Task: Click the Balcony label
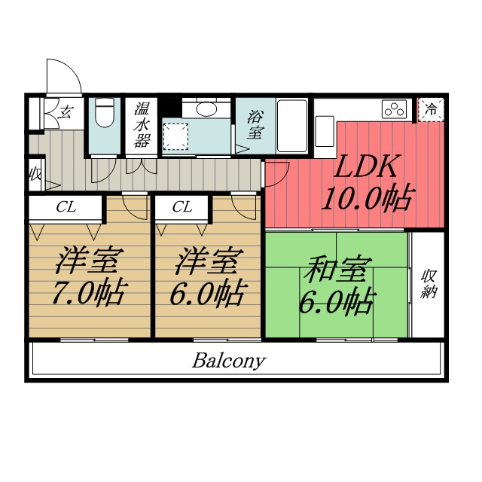pos(229,360)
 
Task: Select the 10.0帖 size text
pos(367,198)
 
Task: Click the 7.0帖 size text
pos(88,292)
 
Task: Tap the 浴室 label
pos(255,124)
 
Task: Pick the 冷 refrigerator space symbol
pos(431,109)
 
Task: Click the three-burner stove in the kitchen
pos(395,108)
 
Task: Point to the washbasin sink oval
pos(200,108)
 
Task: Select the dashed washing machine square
pos(175,136)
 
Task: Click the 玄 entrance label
pos(66,113)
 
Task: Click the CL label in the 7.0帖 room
pos(66,207)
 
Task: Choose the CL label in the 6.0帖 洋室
pos(182,207)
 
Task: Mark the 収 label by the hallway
pos(35,175)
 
